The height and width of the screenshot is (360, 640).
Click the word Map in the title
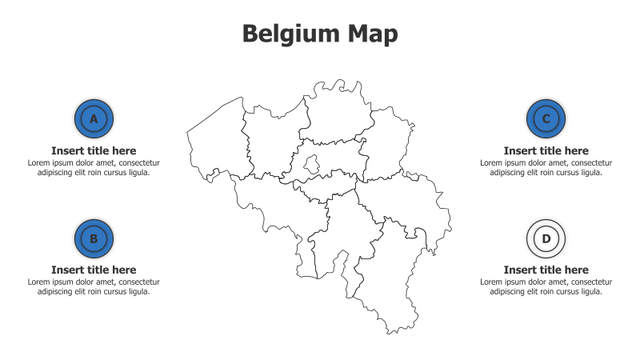(x=373, y=34)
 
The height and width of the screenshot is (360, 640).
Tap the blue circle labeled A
(x=94, y=119)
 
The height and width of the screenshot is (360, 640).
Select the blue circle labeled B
(x=94, y=238)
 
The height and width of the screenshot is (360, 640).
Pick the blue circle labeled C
(x=546, y=119)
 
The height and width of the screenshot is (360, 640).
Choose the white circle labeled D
(x=546, y=238)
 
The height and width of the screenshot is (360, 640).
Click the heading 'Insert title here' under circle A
(x=94, y=150)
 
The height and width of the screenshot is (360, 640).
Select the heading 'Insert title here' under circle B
(x=94, y=270)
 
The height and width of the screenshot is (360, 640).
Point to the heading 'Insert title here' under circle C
(x=546, y=150)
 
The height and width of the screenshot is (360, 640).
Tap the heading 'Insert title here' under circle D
(x=546, y=270)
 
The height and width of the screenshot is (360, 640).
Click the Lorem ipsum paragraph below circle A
(x=94, y=167)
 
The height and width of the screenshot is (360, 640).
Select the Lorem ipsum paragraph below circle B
(x=94, y=286)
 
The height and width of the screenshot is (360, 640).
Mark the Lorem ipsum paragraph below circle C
(x=546, y=167)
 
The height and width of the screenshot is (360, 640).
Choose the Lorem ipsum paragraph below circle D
(x=546, y=286)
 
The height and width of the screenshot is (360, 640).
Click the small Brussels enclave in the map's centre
(x=312, y=165)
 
